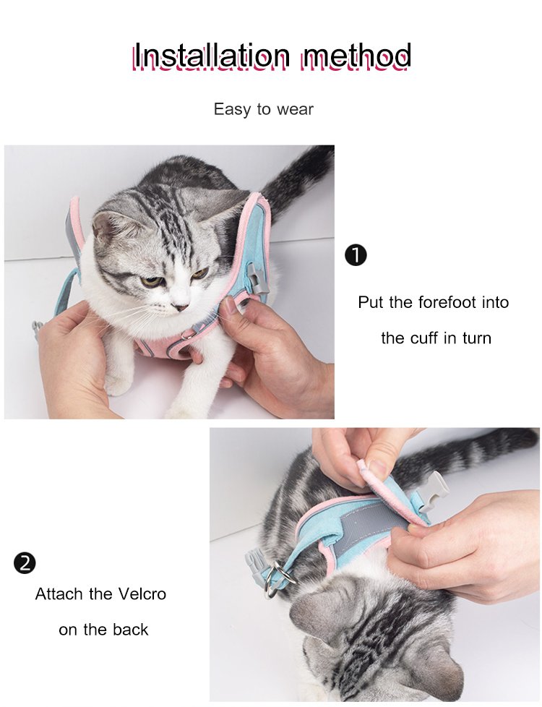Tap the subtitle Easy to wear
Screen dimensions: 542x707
point(263,109)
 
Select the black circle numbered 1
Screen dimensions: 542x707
point(356,255)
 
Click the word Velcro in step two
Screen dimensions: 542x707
point(142,594)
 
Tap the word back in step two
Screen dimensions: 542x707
point(130,630)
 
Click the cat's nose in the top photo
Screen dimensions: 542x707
point(182,307)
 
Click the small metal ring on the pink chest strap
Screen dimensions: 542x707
point(184,335)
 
